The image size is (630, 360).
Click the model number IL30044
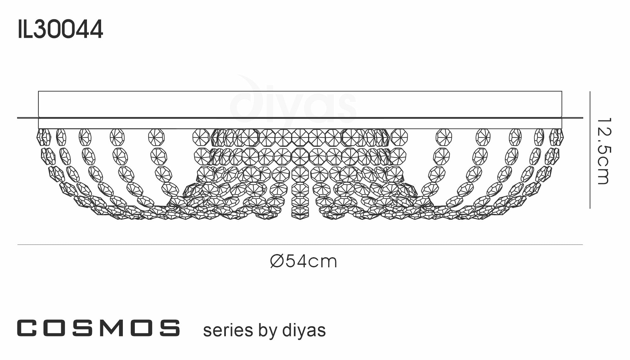tap(60, 29)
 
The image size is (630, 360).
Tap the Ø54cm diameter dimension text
tap(304, 261)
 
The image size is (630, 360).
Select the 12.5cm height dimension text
tap(604, 151)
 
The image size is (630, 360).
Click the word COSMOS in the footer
tap(99, 328)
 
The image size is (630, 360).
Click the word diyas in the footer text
tap(304, 331)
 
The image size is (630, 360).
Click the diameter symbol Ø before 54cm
tap(278, 261)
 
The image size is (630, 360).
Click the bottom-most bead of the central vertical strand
tap(300, 214)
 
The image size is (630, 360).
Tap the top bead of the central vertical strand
tap(300, 138)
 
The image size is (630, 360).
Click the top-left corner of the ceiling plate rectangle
tap(38, 91)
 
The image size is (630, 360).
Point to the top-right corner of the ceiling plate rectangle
tap(562, 91)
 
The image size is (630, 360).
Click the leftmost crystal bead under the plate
tap(40, 137)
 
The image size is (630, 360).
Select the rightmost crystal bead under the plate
tap(560, 137)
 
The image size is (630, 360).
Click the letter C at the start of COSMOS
tap(27, 328)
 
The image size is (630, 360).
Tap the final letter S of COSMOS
tap(170, 328)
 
